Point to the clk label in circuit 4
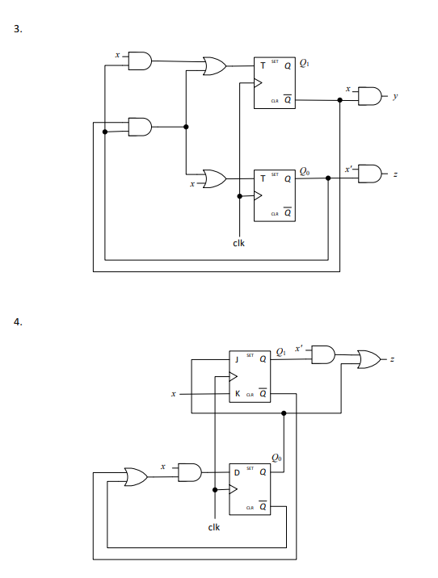214,529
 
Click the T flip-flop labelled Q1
272,82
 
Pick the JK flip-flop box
249,377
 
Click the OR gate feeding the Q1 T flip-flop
216,65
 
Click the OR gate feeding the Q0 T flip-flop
216,177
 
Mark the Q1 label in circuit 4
280,350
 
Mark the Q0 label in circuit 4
277,457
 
